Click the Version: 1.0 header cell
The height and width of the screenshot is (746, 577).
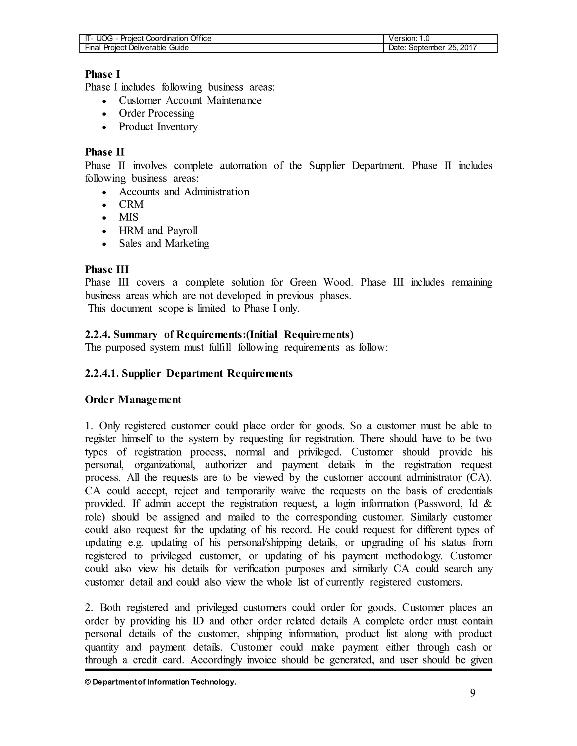click(409, 39)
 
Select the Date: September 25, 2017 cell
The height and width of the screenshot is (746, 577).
click(432, 48)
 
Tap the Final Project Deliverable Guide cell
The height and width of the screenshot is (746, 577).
click(137, 48)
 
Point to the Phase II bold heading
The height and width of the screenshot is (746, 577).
click(105, 152)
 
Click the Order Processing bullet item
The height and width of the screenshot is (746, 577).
click(157, 113)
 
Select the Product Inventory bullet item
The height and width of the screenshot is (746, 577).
click(158, 127)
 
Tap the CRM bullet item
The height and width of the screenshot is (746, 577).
click(131, 204)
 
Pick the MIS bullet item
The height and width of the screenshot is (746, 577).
click(128, 217)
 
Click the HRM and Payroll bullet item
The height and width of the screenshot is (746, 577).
click(158, 231)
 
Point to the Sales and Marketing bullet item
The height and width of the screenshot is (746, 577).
click(164, 244)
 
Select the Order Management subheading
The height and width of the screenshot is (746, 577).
click(133, 400)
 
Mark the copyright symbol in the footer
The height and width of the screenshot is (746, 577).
click(88, 682)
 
